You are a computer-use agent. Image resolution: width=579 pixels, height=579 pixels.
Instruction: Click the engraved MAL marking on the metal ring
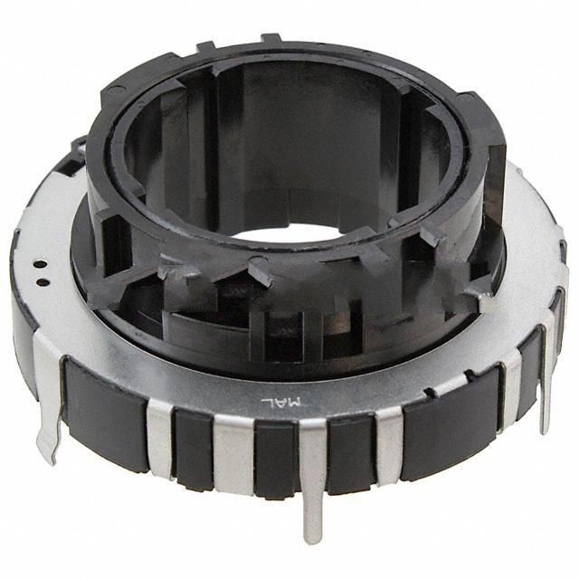[x=281, y=401]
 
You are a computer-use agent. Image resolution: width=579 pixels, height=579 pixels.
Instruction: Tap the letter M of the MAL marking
[x=294, y=402]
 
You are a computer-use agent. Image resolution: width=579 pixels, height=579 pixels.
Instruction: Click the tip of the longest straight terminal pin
[x=312, y=541]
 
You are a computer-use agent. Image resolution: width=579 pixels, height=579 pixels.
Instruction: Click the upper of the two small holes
[x=42, y=264]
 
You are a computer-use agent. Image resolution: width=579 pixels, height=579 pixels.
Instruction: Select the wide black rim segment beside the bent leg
[x=104, y=413]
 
